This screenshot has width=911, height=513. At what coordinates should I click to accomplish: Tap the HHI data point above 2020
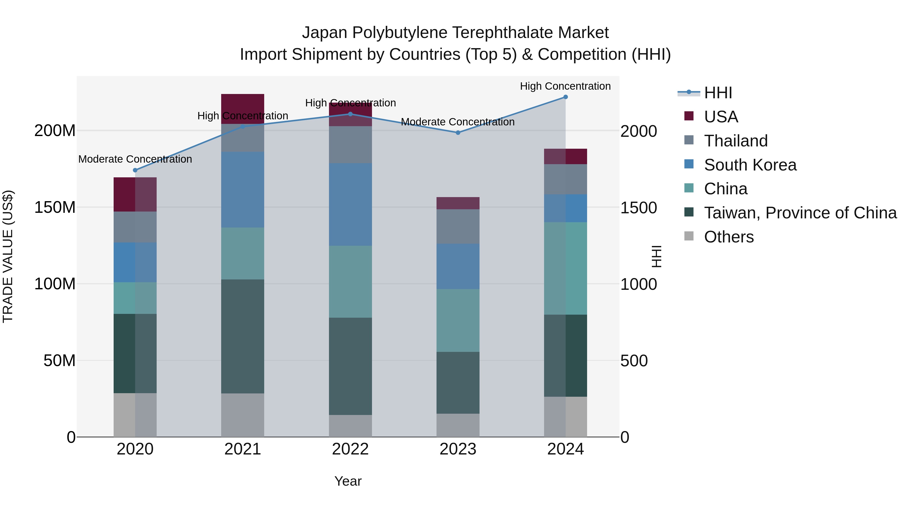pos(135,170)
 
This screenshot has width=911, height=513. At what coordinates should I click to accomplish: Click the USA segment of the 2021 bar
pos(243,109)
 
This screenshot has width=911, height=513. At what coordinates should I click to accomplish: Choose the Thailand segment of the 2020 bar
pos(135,227)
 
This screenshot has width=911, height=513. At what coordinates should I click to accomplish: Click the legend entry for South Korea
pos(750,165)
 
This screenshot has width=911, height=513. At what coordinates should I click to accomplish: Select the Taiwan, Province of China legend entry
pos(800,213)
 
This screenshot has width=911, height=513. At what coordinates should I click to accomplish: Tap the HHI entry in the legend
pos(718,93)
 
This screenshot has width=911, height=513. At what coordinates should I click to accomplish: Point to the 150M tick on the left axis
pos(55,207)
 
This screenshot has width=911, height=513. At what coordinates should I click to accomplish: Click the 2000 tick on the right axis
pos(638,131)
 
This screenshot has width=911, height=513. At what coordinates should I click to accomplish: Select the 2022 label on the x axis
pos(350,449)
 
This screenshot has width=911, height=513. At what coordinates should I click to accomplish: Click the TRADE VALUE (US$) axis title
pos(8,256)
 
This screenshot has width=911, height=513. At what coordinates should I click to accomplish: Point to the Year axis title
pos(348,481)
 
